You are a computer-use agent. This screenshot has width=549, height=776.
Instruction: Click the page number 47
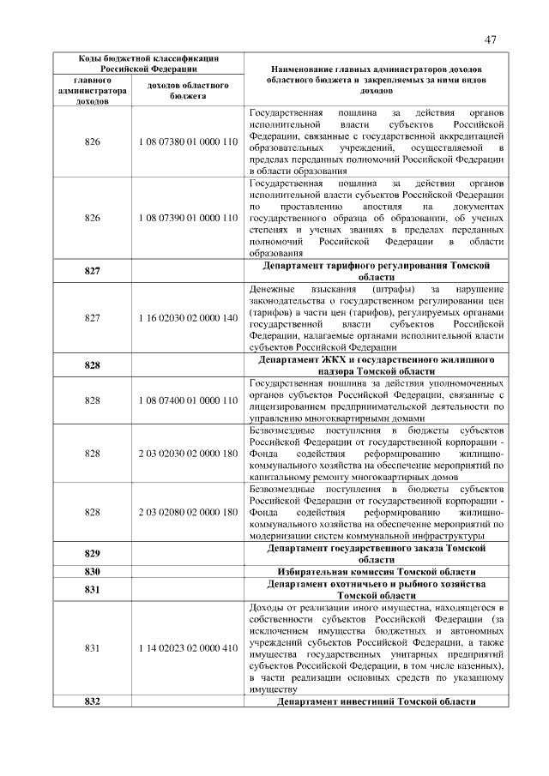(491, 39)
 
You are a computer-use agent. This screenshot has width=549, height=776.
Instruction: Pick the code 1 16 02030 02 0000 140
(187, 317)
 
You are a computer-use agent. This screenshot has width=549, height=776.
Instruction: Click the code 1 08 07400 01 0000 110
(187, 400)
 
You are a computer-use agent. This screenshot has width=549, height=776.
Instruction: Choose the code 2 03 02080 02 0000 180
(187, 512)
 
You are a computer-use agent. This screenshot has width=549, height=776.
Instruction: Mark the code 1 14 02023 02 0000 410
(187, 647)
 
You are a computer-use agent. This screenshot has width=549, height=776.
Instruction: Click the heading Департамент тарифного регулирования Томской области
(375, 272)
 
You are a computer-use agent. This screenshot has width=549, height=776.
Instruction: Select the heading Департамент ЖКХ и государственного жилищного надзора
(375, 364)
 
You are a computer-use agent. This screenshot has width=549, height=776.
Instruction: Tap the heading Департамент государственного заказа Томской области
(375, 552)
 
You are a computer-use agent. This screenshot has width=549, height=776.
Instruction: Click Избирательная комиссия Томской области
(375, 571)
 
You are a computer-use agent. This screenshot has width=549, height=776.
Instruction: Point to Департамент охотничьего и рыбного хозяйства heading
(375, 589)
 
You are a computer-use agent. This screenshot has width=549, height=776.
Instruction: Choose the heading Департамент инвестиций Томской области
(375, 701)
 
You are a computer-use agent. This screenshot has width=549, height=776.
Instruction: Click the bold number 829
(93, 553)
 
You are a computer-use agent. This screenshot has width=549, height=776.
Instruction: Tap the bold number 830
(93, 571)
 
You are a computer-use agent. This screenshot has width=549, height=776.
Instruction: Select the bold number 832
(93, 701)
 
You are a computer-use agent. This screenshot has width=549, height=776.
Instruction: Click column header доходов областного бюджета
(187, 91)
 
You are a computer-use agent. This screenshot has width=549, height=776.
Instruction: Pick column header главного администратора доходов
(92, 90)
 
